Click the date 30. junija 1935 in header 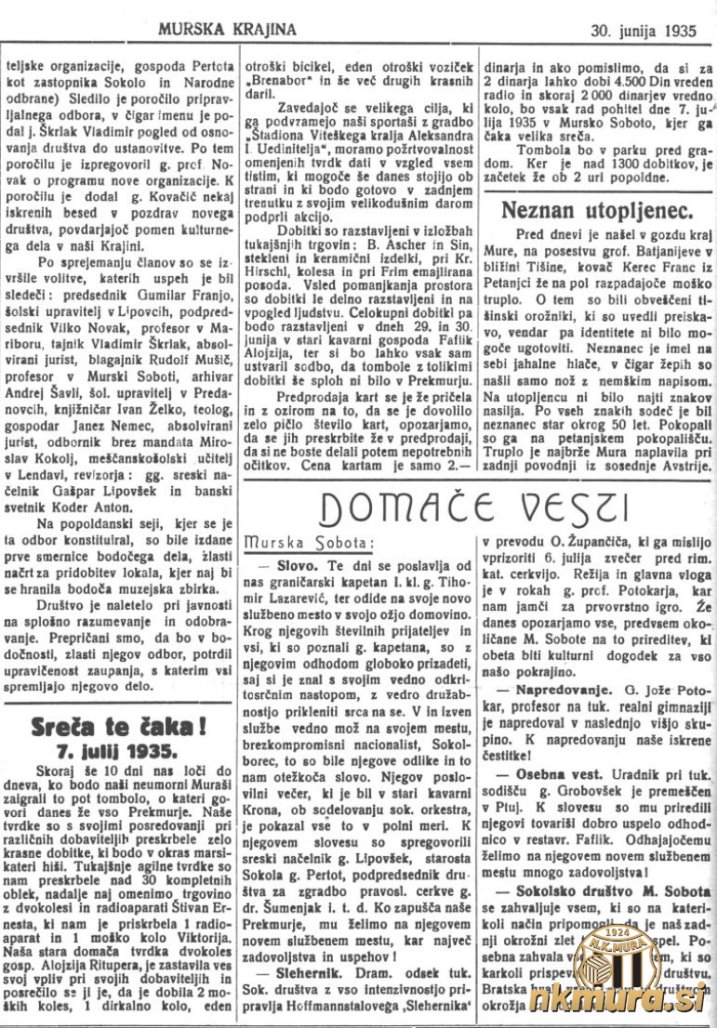point(643,29)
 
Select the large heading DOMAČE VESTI point(474,507)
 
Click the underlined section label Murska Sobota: point(296,541)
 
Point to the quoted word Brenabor point(276,81)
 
